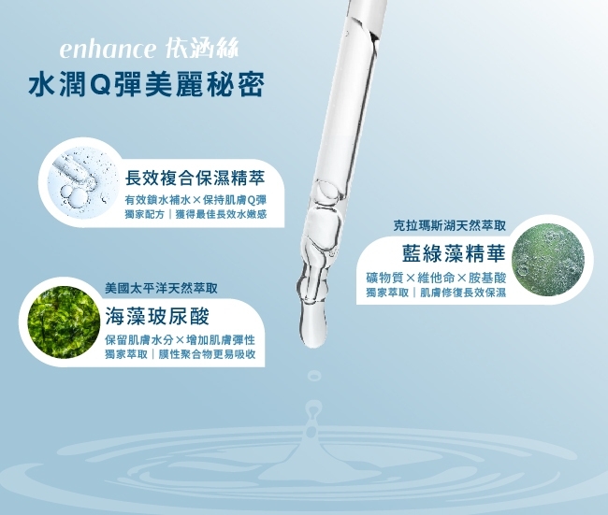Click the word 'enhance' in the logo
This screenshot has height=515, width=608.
click(x=108, y=50)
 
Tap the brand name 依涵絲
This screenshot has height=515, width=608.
click(x=201, y=49)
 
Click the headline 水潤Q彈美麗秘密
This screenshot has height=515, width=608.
click(x=146, y=84)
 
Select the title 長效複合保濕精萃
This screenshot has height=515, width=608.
click(x=195, y=179)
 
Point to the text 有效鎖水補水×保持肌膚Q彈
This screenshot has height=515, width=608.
click(x=195, y=200)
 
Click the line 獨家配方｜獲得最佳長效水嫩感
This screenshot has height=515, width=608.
click(x=195, y=214)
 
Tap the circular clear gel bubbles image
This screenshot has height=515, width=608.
click(x=83, y=182)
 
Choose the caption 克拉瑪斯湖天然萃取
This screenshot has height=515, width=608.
click(x=449, y=225)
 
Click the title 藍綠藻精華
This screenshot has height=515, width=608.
click(x=454, y=253)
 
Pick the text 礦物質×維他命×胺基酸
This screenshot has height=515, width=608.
click(x=436, y=278)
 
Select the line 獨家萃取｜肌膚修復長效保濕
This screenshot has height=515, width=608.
click(x=436, y=293)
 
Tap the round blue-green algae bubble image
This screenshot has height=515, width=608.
click(x=548, y=259)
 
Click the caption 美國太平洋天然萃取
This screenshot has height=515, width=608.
click(x=161, y=288)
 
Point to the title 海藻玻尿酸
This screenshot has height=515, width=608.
click(x=157, y=316)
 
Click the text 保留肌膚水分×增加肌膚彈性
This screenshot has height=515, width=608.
click(x=181, y=340)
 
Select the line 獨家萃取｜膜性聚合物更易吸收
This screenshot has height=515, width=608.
click(x=181, y=354)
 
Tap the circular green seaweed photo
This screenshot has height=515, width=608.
click(x=64, y=322)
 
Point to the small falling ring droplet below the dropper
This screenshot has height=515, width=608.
click(x=313, y=376)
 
